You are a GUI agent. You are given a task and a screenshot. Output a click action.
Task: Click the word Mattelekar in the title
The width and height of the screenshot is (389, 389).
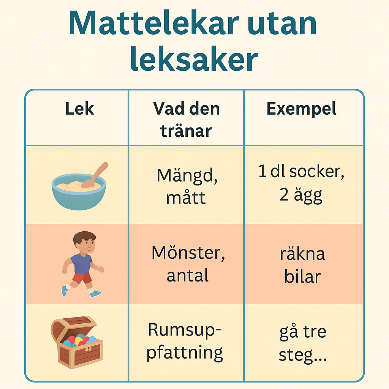pyautogui.click(x=153, y=23)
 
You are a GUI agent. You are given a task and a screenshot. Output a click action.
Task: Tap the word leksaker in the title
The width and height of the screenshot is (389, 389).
pyautogui.click(x=194, y=59)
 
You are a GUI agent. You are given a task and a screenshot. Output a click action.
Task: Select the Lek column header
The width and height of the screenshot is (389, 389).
pyautogui.click(x=80, y=109)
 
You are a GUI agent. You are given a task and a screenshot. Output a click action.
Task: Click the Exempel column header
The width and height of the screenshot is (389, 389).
pyautogui.click(x=301, y=109)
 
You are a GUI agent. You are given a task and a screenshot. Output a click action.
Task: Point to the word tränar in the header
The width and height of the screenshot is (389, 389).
pyautogui.click(x=186, y=131)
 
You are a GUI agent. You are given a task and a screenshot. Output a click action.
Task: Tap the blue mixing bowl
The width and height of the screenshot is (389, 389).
pyautogui.click(x=79, y=192)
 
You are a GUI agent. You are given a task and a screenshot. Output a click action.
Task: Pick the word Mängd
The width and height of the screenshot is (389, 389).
pyautogui.click(x=187, y=176)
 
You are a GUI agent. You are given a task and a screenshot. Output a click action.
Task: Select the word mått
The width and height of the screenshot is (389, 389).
pyautogui.click(x=186, y=198)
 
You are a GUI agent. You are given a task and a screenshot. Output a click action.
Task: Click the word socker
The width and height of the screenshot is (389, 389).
pyautogui.click(x=317, y=171)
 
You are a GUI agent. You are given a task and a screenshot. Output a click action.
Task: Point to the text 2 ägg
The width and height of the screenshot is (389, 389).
pyautogui.click(x=301, y=196)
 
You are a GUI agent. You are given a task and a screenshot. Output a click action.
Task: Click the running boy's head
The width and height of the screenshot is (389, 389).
pyautogui.click(x=85, y=243)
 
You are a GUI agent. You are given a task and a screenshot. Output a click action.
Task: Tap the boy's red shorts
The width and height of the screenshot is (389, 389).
pyautogui.click(x=82, y=278)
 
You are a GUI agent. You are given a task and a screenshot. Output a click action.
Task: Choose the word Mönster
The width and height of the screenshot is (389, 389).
pyautogui.click(x=188, y=253)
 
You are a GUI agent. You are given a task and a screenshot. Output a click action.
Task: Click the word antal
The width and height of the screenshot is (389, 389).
pyautogui.click(x=188, y=275)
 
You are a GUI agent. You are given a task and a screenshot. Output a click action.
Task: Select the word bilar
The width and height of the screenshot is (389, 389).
pyautogui.click(x=302, y=277)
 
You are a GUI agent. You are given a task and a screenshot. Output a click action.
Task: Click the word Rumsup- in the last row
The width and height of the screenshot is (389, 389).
pyautogui.click(x=185, y=330)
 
